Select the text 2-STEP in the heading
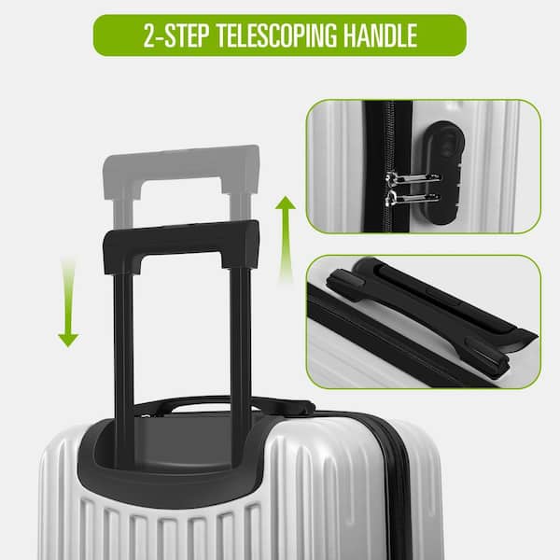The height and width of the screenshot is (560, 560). [x=176, y=35]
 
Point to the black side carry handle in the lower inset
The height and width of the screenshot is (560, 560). [x=429, y=303]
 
